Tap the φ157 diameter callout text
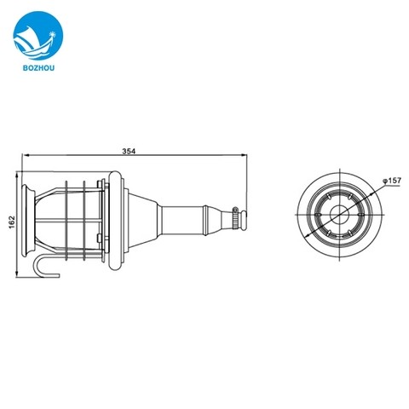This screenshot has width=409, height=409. (390, 181)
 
